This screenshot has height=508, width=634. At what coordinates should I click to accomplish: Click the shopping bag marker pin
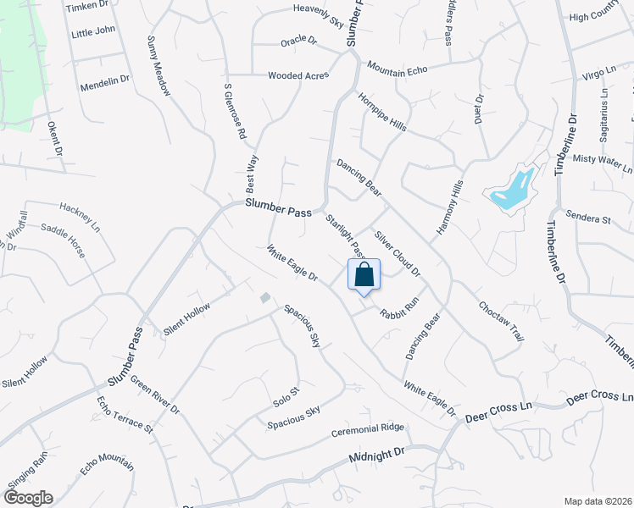(364, 276)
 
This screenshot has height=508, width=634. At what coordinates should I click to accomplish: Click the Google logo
(27, 498)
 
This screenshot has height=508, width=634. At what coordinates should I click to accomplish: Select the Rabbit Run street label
(399, 307)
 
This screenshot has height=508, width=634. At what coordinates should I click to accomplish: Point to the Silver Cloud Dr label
(398, 253)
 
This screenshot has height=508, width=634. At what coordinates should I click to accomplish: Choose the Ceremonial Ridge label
(368, 428)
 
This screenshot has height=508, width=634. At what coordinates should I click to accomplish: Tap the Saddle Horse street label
(65, 240)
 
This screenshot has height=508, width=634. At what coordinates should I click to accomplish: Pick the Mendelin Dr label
(104, 82)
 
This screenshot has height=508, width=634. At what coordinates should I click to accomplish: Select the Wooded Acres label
(298, 75)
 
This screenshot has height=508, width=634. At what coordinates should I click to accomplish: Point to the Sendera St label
(588, 219)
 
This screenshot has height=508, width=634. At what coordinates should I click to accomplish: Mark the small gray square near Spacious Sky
(265, 297)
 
